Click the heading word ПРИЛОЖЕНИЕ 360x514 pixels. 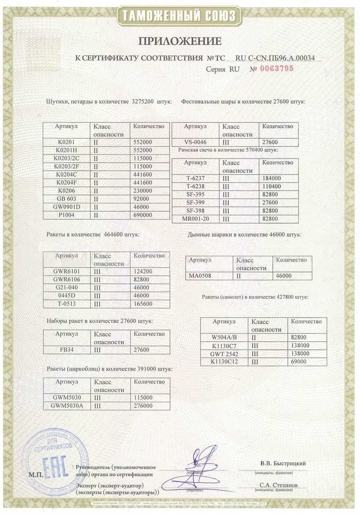pos(180,41)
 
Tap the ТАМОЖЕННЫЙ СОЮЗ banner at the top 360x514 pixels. pos(180,16)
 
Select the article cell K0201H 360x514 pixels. pos(66,150)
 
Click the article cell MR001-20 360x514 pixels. pos(195,219)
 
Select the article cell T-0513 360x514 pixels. pos(66,304)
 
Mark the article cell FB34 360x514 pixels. pos(66,350)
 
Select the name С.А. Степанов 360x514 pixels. pos(279,485)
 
